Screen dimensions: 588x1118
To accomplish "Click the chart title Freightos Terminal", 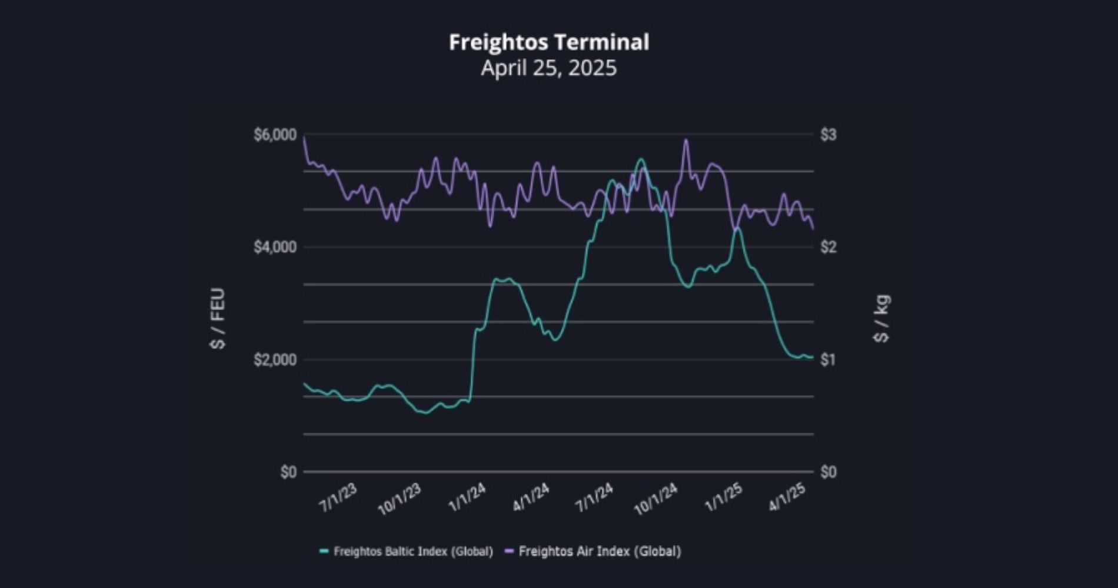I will point(549,42).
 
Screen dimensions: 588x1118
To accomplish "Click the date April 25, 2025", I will point(549,68).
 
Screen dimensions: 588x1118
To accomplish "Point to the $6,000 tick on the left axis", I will point(275,135).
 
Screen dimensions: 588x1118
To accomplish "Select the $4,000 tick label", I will point(275,247).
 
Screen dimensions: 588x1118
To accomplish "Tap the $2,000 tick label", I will point(275,359).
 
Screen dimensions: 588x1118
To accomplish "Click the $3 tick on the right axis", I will point(828,135).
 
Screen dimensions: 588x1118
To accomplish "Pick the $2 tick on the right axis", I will point(828,247).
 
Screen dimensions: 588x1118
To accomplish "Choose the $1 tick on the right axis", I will point(828,359).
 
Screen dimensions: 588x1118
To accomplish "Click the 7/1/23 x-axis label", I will point(338,498).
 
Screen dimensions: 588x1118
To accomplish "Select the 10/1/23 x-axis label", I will point(400,500).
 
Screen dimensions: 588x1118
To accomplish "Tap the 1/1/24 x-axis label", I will point(467,498).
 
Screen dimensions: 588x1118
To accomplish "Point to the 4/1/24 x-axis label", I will point(531,498).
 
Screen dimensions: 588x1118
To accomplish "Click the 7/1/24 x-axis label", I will point(594,498).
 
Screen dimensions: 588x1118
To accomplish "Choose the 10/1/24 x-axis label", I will point(656,500).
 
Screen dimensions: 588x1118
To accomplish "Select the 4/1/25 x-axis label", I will point(787,498).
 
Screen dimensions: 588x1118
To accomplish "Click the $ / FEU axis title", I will point(218,318).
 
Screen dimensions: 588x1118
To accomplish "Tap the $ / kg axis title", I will point(882,318).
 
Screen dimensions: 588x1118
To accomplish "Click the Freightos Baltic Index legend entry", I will point(412,552).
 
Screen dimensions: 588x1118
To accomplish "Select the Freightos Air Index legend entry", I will point(599,552).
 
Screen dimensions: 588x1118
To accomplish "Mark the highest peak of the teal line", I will point(641,159).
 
